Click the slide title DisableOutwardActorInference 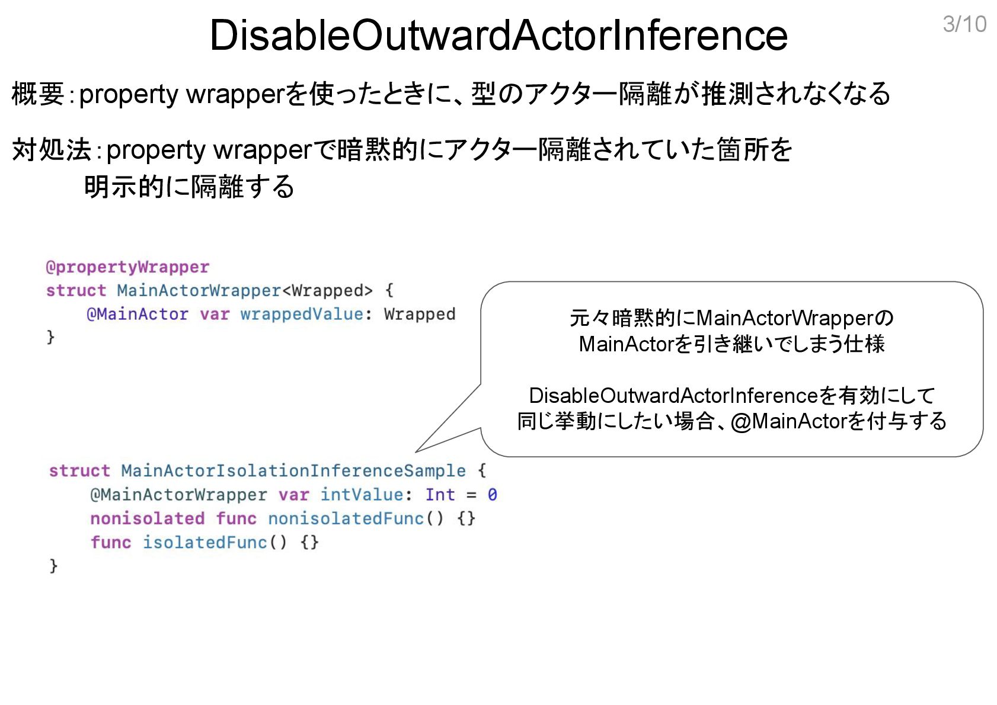498,35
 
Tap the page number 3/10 964,24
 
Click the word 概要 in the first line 37,94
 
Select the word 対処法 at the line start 52,149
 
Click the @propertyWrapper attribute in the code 127,267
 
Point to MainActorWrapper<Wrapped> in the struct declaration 245,290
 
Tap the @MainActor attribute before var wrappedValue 138,314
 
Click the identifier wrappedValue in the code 302,314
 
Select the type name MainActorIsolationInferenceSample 293,470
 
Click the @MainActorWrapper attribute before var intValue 178,495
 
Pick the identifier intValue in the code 362,495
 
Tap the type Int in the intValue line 440,495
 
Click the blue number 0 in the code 492,495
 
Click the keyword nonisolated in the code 147,518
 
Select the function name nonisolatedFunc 346,518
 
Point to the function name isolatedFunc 204,542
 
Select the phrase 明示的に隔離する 189,187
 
